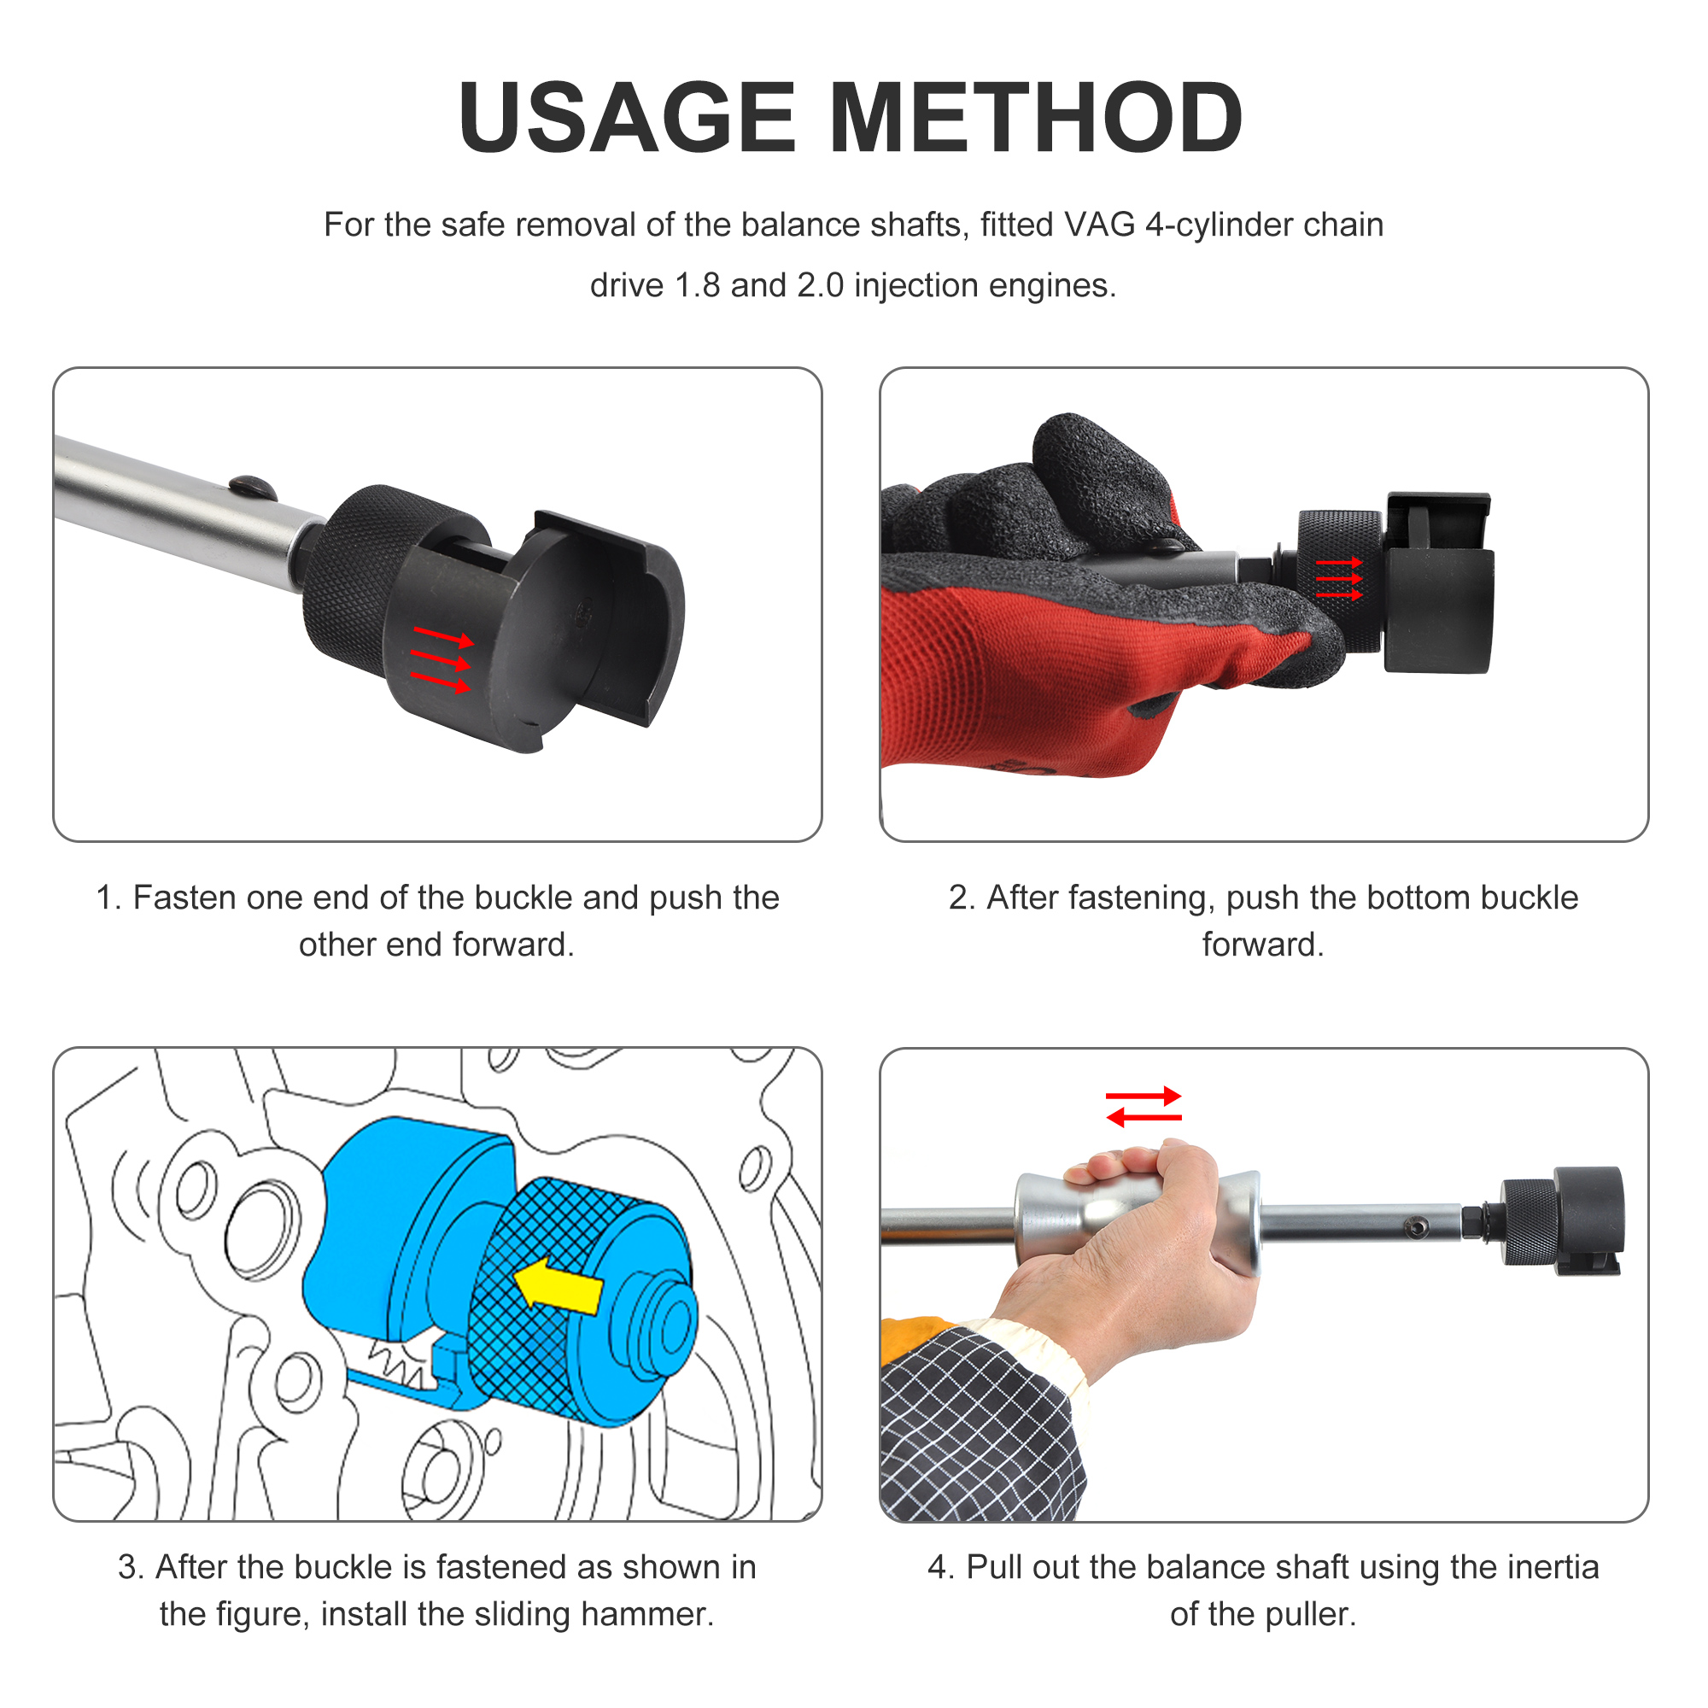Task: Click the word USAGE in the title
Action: tap(628, 118)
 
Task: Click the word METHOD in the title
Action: tap(1036, 118)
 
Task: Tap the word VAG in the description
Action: tap(1100, 225)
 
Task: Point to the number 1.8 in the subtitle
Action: tap(698, 285)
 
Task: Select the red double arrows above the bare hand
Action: tap(1144, 1107)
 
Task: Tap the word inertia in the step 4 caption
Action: tap(1553, 1567)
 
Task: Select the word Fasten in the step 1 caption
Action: tap(183, 898)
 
